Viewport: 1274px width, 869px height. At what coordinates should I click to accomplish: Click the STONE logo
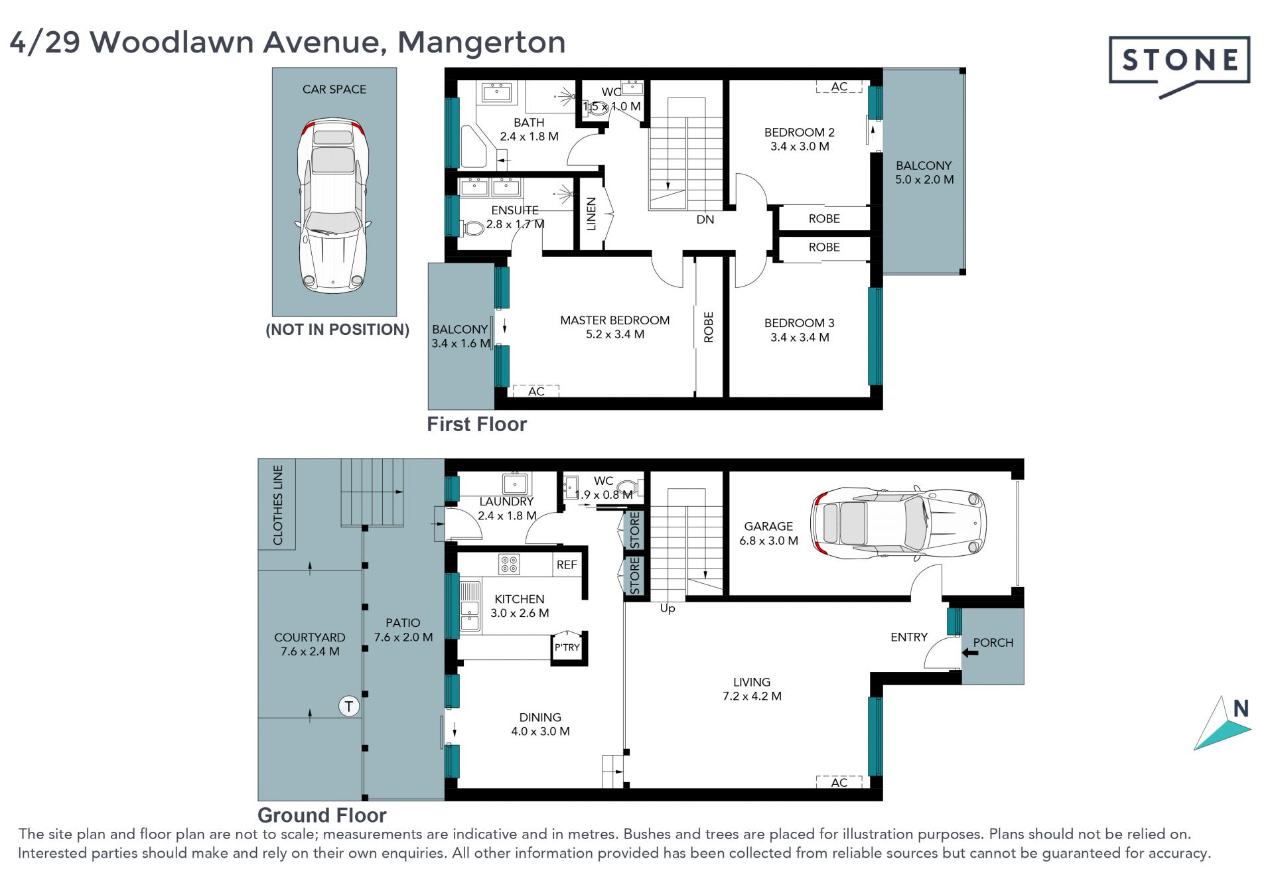[1179, 66]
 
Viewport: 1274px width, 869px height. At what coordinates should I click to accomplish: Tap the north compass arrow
[1222, 724]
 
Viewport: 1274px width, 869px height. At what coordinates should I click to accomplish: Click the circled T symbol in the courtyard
[349, 706]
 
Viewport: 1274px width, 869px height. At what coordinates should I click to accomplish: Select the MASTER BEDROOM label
[614, 320]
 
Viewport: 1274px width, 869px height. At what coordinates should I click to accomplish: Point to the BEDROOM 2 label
[799, 133]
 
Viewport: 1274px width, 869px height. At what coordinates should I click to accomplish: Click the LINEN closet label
[591, 214]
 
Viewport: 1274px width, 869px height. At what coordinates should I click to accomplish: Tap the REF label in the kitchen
[567, 565]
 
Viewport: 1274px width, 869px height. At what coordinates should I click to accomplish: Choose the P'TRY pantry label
[567, 647]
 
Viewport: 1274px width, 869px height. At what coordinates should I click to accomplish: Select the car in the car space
[334, 206]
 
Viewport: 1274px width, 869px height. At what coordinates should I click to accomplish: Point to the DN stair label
[705, 220]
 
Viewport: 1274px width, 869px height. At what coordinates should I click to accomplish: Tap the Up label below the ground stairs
[668, 608]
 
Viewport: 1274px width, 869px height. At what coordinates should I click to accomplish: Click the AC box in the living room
[839, 782]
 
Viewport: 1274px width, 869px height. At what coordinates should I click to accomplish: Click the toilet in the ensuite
[472, 229]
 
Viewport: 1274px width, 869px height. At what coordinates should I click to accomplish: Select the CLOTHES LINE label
[278, 505]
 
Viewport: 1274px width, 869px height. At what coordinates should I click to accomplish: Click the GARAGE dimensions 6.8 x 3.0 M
[768, 541]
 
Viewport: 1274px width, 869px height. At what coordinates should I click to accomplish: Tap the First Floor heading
[476, 425]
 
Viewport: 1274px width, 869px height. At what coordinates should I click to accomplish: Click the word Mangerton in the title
[482, 42]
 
